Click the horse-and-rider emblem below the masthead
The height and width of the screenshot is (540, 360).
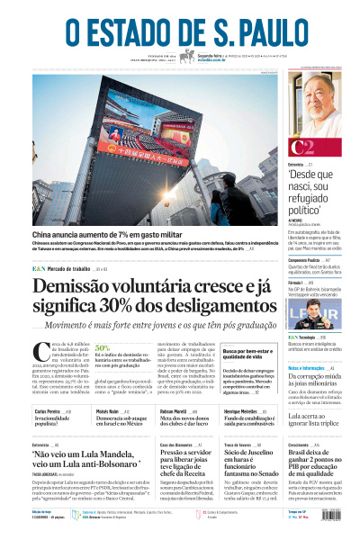coord(187,57)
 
